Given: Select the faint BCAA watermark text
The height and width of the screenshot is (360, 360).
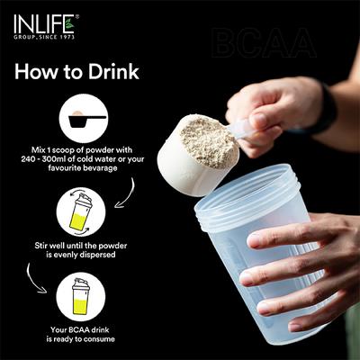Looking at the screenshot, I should (x=263, y=43).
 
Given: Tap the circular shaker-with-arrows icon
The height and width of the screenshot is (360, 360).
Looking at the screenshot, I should (x=82, y=212).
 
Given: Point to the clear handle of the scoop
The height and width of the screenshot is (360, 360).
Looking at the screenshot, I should (x=241, y=129).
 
